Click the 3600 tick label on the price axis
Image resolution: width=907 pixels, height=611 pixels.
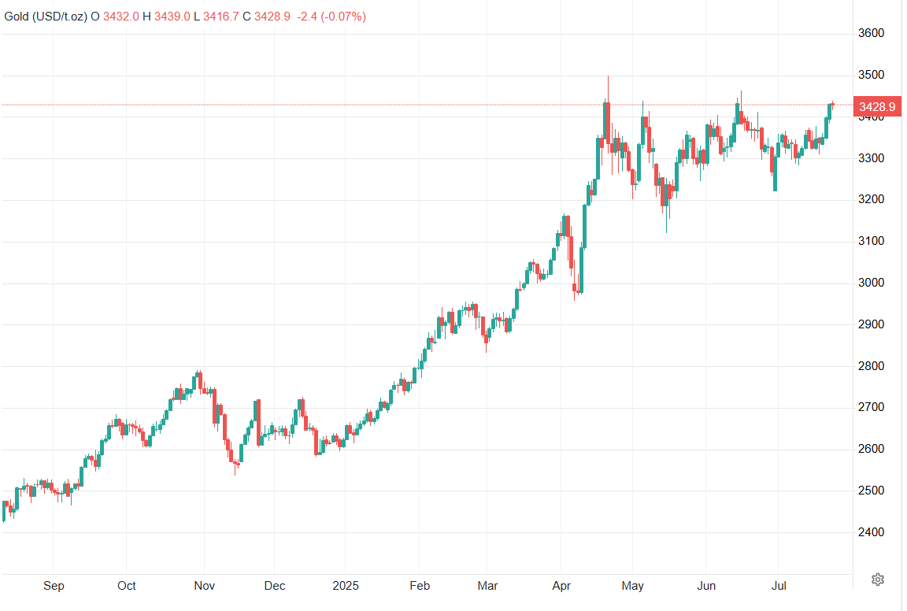point(872,33)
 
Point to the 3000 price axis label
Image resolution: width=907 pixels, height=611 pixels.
point(872,283)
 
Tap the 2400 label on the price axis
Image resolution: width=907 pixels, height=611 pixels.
point(872,532)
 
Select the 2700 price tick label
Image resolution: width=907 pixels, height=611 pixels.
point(872,407)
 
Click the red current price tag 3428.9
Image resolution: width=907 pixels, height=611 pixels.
point(879,106)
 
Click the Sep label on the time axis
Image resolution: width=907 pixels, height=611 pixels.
point(54,586)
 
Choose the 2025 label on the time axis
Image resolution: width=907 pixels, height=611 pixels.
point(345,586)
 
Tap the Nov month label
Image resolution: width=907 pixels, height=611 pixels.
point(204,586)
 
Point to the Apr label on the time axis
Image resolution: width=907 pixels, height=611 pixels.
point(561,586)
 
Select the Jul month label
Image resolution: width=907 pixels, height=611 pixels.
point(778,586)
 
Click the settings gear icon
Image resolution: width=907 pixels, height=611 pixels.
point(878,580)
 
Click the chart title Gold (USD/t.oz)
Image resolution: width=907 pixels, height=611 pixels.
point(46,16)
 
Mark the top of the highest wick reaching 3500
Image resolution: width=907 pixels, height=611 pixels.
point(608,76)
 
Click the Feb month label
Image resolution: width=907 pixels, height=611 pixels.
point(420,586)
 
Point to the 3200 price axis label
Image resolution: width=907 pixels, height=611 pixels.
point(872,199)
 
